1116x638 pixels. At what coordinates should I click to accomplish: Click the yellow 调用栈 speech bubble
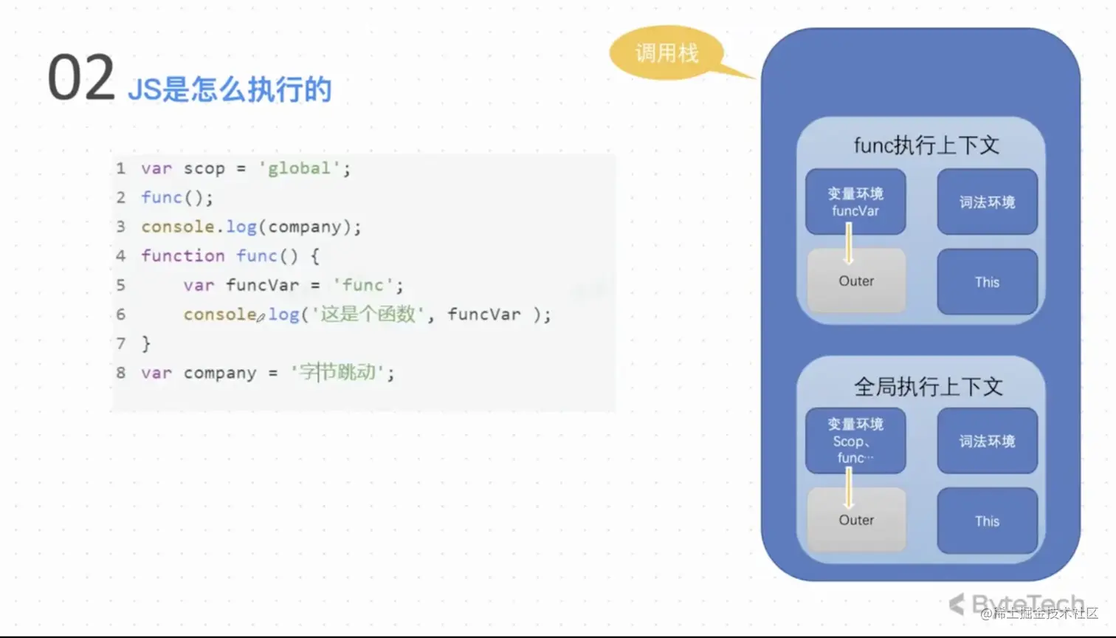pyautogui.click(x=666, y=53)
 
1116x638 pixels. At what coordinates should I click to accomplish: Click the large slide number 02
pyautogui.click(x=81, y=78)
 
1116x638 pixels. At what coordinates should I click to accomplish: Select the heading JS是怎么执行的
pyautogui.click(x=230, y=89)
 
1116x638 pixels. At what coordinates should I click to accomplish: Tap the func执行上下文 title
pyautogui.click(x=926, y=145)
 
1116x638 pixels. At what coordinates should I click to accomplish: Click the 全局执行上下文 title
pyautogui.click(x=928, y=386)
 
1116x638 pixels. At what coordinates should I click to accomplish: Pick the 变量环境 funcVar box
pyautogui.click(x=855, y=202)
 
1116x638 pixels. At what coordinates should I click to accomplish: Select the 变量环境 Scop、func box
pyautogui.click(x=855, y=441)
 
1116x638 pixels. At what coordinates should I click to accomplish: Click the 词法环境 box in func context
pyautogui.click(x=987, y=202)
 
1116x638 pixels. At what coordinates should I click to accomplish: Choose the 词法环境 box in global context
pyautogui.click(x=987, y=441)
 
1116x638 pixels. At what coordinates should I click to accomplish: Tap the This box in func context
pyautogui.click(x=987, y=282)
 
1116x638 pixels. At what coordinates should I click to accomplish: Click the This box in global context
pyautogui.click(x=987, y=521)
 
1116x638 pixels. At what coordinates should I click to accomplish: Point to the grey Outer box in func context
pyautogui.click(x=856, y=281)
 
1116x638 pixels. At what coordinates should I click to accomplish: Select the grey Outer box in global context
pyautogui.click(x=856, y=521)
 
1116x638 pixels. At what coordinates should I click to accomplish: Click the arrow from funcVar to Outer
pyautogui.click(x=849, y=244)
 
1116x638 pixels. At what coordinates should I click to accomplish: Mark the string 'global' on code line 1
pyautogui.click(x=299, y=168)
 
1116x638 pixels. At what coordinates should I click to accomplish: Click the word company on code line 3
pyautogui.click(x=305, y=227)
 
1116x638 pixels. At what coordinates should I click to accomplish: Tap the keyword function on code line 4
pyautogui.click(x=183, y=256)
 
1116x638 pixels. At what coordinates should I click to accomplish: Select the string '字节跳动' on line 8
pyautogui.click(x=337, y=373)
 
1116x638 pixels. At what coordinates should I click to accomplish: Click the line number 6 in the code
pyautogui.click(x=121, y=315)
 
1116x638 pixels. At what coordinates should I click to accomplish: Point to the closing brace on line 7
pyautogui.click(x=146, y=343)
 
